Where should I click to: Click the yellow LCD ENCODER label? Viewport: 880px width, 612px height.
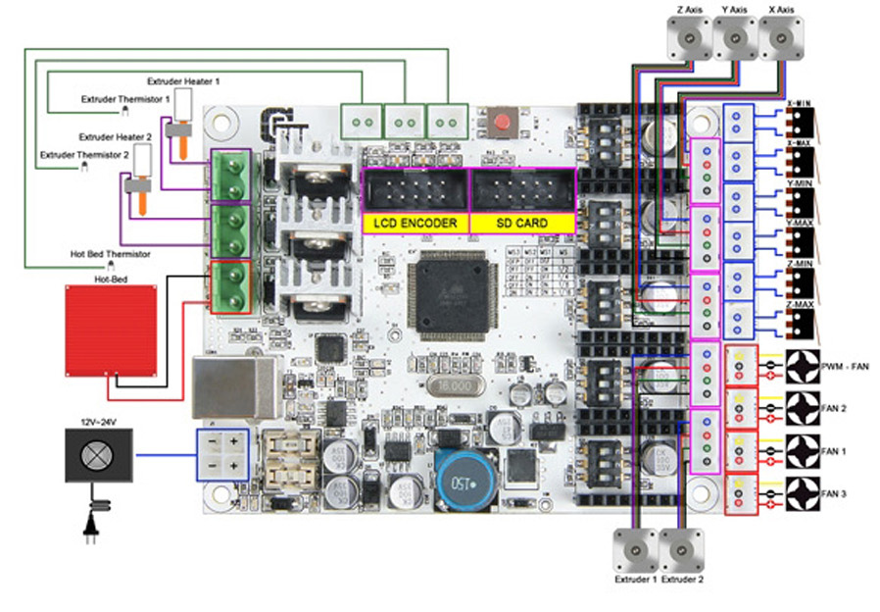(416, 224)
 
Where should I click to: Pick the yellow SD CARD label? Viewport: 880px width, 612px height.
(522, 224)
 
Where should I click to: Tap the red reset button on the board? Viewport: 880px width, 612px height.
(503, 124)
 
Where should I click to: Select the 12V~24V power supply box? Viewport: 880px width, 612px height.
(98, 454)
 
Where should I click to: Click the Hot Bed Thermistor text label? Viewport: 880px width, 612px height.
(110, 254)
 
